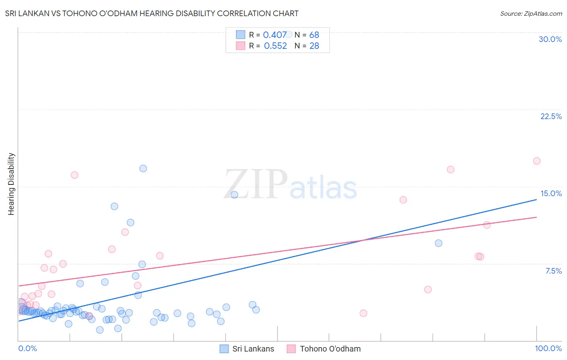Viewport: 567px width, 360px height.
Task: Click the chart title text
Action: point(152,13)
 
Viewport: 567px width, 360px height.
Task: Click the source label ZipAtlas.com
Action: point(531,13)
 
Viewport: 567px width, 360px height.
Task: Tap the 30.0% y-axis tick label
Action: point(550,39)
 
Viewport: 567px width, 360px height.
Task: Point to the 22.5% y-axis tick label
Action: point(551,116)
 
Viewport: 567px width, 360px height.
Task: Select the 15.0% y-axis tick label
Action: point(551,193)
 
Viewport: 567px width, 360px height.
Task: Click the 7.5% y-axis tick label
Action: point(553,271)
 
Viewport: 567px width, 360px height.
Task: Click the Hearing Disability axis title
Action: point(11,184)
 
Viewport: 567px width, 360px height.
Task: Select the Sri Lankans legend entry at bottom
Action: point(247,349)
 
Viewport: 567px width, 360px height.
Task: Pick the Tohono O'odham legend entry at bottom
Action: point(324,349)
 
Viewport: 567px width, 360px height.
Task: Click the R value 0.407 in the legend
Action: point(275,35)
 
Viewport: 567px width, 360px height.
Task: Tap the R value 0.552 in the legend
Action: point(275,46)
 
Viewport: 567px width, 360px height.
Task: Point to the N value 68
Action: point(314,35)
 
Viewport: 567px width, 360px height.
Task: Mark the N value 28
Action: point(314,46)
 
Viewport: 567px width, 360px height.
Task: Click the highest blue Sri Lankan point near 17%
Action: point(143,168)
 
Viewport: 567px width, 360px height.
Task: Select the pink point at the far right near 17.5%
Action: point(537,161)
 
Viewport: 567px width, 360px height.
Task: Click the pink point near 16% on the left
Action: point(75,175)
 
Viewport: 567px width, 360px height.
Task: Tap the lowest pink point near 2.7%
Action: point(363,313)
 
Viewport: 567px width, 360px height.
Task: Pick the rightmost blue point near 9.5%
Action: point(439,243)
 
